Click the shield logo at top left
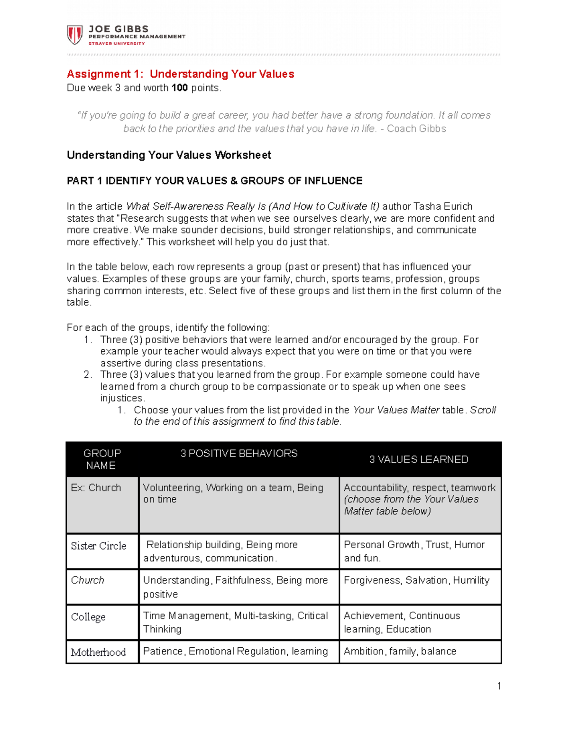click(x=74, y=35)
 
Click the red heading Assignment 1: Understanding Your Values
click(x=180, y=74)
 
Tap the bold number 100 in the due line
click(x=180, y=88)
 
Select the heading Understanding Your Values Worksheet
click(x=169, y=155)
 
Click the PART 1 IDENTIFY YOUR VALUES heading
click(x=214, y=181)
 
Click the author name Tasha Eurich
click(x=443, y=206)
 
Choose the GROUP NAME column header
click(x=102, y=459)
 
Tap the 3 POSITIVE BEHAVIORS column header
click(x=239, y=454)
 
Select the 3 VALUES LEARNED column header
click(x=419, y=459)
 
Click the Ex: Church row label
click(x=96, y=488)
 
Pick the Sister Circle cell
click(x=99, y=546)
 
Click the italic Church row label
click(x=87, y=580)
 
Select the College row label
click(x=88, y=617)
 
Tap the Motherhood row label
click(x=98, y=653)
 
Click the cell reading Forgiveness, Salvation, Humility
click(x=416, y=580)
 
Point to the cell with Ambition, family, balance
click(x=400, y=652)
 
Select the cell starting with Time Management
click(x=235, y=622)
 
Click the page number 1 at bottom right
click(x=499, y=686)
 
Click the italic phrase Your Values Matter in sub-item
click(x=396, y=410)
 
